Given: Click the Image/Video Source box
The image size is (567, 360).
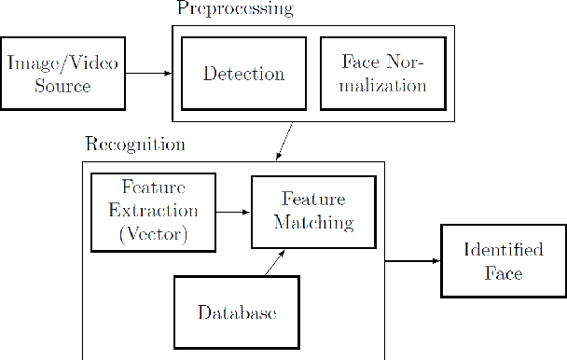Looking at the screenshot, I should pos(63,74).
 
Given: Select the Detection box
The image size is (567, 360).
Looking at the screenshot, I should pos(244,74).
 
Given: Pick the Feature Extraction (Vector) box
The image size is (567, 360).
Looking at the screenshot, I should pos(153,212).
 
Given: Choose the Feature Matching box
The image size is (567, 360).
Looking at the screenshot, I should pos(304,212).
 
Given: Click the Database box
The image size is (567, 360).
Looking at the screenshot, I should pos(237,312).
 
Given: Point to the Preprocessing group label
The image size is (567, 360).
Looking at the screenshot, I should pos(234,9).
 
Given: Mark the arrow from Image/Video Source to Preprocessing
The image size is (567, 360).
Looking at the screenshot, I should pos(148,74).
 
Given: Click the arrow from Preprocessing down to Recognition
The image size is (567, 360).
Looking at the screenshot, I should pos(284,142).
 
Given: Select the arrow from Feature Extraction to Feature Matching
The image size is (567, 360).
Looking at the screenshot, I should pos(233,212).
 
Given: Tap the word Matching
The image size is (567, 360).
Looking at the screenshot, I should pos(304,223).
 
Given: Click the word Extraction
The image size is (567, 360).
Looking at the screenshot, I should pos(153,212).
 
